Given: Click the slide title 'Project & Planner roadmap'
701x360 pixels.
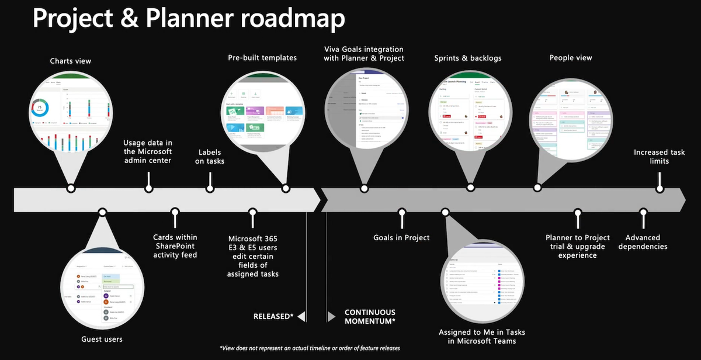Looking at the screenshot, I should (188, 19).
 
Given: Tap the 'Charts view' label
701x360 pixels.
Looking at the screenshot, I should (71, 61).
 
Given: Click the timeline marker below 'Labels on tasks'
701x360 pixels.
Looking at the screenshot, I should (210, 188).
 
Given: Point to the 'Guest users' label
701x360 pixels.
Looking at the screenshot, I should (102, 339).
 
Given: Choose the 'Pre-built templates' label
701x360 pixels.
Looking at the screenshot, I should (262, 58).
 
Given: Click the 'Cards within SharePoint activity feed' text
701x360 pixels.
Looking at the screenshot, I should (175, 246).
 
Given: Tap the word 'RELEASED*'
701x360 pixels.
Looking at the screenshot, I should (273, 316).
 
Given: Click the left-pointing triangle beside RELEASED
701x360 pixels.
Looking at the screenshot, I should (301, 316).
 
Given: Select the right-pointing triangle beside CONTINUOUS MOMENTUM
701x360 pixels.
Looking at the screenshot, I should (331, 316).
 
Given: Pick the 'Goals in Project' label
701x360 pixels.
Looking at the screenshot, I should (401, 238).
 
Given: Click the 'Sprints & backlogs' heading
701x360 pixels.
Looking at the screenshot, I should (468, 58).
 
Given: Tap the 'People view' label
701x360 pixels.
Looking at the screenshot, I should (571, 58).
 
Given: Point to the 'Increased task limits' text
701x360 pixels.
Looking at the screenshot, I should (660, 157).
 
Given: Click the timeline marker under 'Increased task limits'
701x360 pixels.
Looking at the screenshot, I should (660, 189).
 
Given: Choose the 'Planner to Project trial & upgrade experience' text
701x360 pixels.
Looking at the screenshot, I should (577, 246).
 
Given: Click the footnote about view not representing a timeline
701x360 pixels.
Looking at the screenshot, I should (310, 348).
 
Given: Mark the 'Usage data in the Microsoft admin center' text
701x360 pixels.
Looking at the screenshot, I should (148, 151).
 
